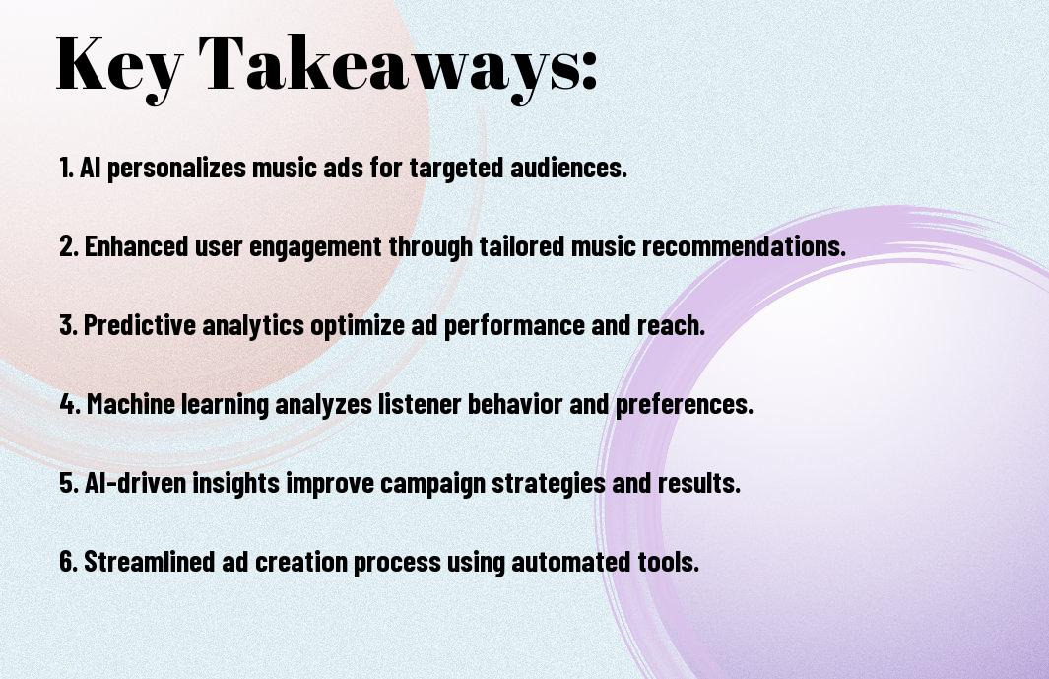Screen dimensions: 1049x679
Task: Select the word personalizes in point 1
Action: [x=176, y=169]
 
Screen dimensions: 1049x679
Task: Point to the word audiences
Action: [x=569, y=168]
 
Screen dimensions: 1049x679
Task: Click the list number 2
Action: [x=69, y=246]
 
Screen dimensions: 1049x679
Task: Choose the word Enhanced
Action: [x=137, y=246]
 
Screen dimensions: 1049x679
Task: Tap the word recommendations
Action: [x=744, y=246]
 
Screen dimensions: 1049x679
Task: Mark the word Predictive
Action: [x=139, y=325]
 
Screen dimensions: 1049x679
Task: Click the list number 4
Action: [x=70, y=404]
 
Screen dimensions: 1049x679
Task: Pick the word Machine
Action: [x=131, y=404]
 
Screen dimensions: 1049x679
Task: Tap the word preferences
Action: [x=685, y=405]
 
